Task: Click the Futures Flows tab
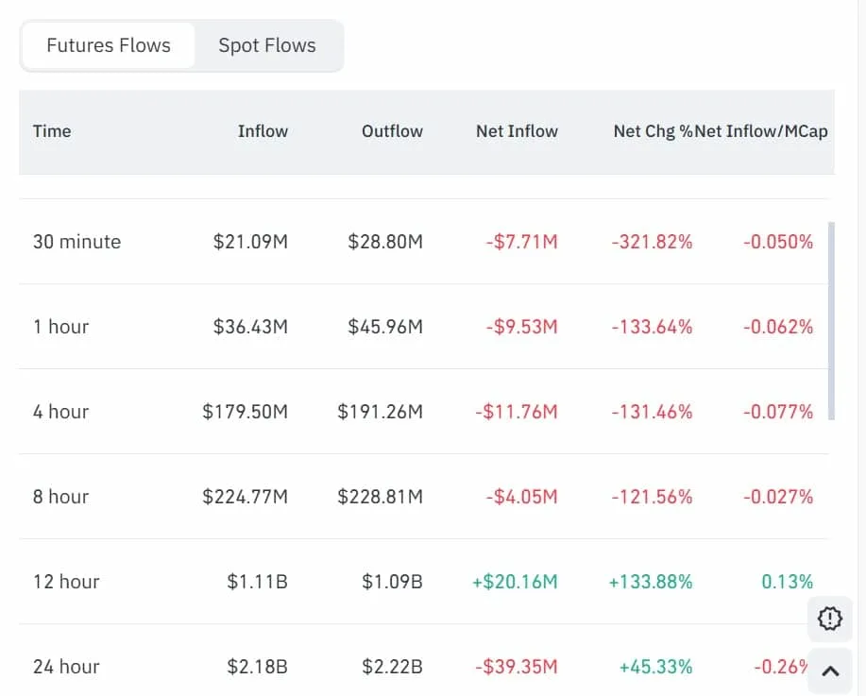109,45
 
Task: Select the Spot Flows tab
267,45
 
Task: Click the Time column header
52,131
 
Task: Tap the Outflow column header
392,131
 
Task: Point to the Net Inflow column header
517,131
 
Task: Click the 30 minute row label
76,242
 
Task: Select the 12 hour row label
66,582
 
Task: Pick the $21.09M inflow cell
250,242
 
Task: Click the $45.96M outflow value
385,327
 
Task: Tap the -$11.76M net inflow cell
521,412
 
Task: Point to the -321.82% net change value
652,242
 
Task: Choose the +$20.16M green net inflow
515,582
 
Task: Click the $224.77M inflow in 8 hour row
245,497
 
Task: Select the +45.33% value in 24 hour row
655,667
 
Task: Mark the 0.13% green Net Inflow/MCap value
787,582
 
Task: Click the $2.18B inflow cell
257,667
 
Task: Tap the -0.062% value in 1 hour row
777,327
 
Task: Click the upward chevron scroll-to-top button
830,671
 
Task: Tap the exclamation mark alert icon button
830,619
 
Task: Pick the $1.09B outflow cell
392,582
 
